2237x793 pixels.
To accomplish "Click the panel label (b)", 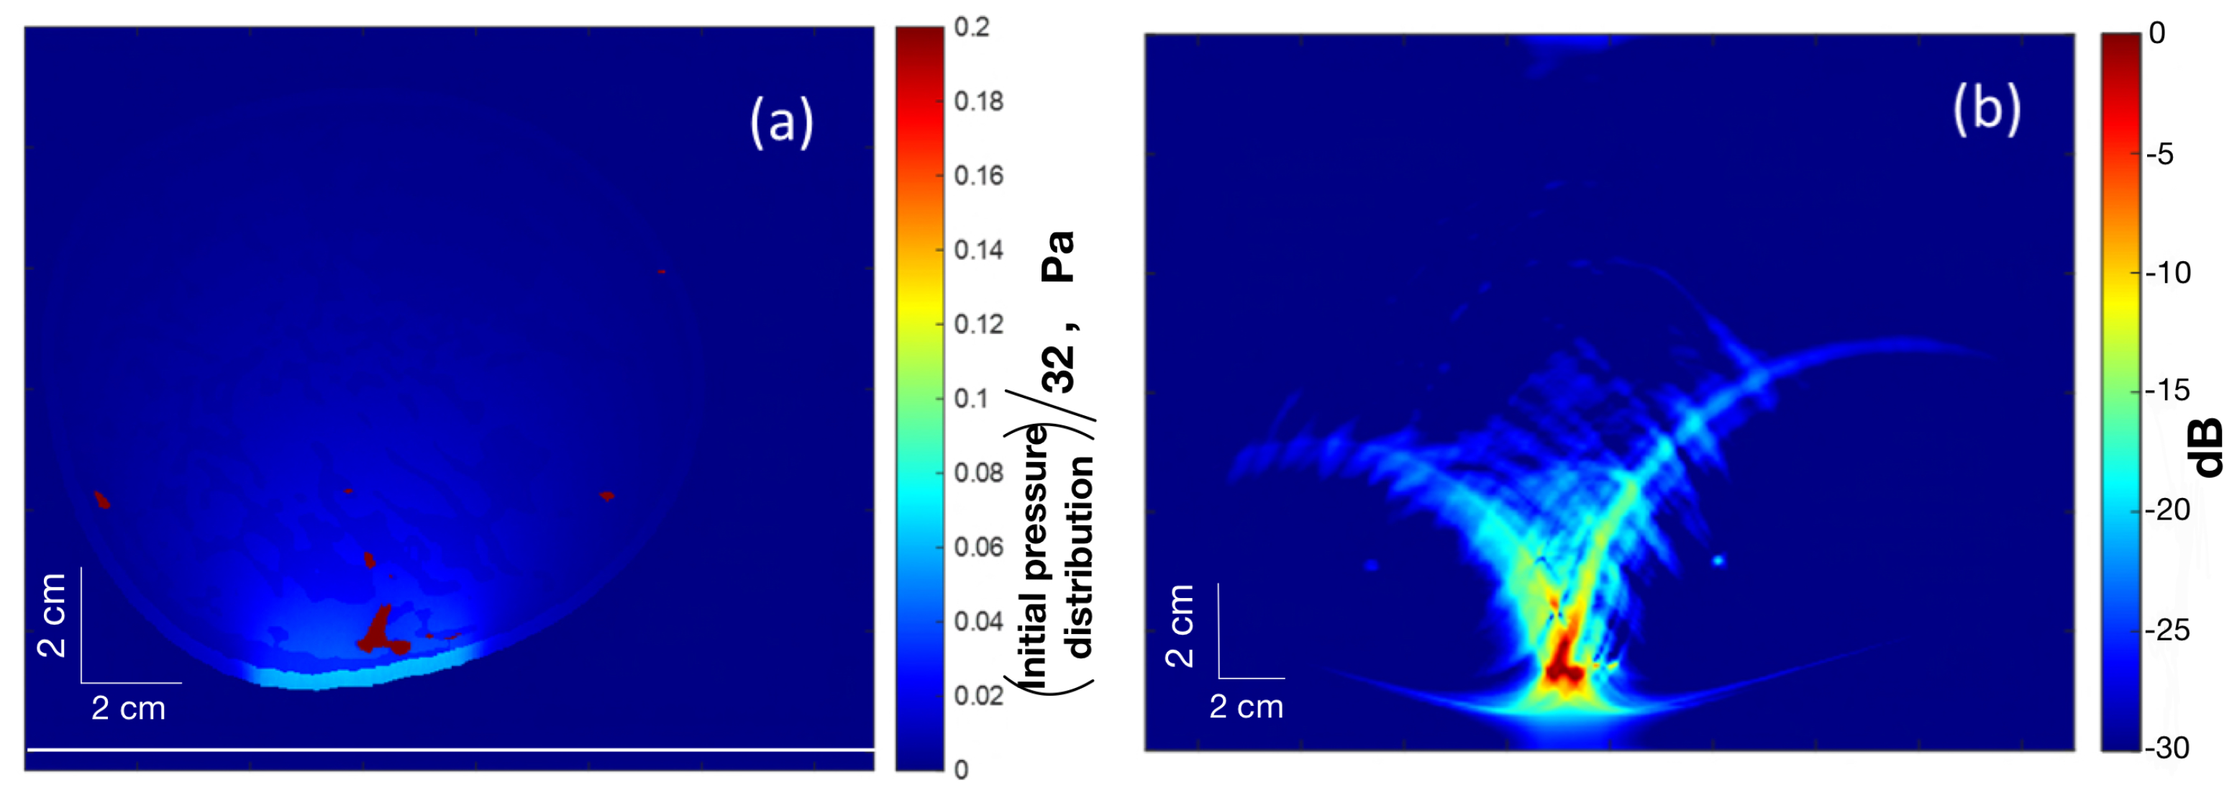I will (1986, 109).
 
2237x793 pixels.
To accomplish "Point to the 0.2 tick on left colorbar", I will (971, 27).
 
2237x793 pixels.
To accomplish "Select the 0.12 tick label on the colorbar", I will (978, 325).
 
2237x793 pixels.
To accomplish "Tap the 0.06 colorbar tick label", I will (978, 547).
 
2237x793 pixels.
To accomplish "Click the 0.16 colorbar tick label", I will (978, 176).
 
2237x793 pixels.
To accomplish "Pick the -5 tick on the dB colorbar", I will (2160, 155).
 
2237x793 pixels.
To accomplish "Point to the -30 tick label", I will (2167, 748).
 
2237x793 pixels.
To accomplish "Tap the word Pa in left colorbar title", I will (1057, 256).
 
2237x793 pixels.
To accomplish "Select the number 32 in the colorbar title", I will (1057, 368).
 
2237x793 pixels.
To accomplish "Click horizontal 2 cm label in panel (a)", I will (129, 709).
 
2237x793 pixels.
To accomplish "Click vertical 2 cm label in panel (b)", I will (1180, 625).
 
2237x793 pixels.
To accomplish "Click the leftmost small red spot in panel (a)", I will (102, 499).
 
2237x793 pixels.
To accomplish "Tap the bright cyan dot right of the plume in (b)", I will (1718, 561).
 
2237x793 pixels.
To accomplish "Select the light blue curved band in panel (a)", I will (365, 672).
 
